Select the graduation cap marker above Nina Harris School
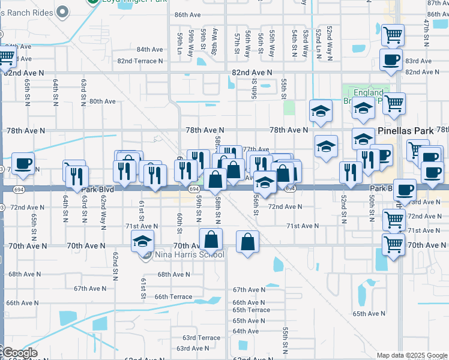142,242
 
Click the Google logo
19,353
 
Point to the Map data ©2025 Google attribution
412,355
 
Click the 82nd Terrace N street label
140,61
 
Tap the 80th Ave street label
102,101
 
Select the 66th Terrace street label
173,296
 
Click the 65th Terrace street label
252,310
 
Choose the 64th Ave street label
246,331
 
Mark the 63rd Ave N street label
192,348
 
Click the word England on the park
368,93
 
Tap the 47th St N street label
427,33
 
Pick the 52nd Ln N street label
318,43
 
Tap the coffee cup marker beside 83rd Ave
391,60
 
